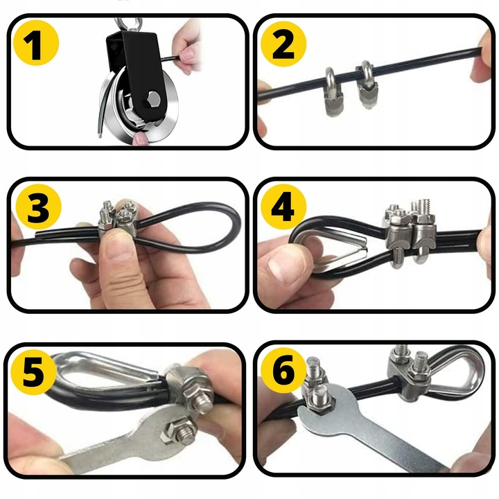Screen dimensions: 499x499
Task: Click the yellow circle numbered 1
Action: (36, 43)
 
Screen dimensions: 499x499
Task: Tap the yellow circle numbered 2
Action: (283, 44)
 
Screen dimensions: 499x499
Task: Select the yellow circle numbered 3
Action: (38, 207)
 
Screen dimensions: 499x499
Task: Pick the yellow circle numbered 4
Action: (283, 207)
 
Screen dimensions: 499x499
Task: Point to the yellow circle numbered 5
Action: (33, 371)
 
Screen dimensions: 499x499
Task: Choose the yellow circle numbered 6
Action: (283, 370)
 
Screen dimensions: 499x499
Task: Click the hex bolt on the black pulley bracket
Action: (152, 98)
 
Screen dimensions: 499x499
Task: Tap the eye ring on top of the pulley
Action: (129, 24)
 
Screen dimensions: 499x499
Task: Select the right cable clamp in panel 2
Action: (367, 85)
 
